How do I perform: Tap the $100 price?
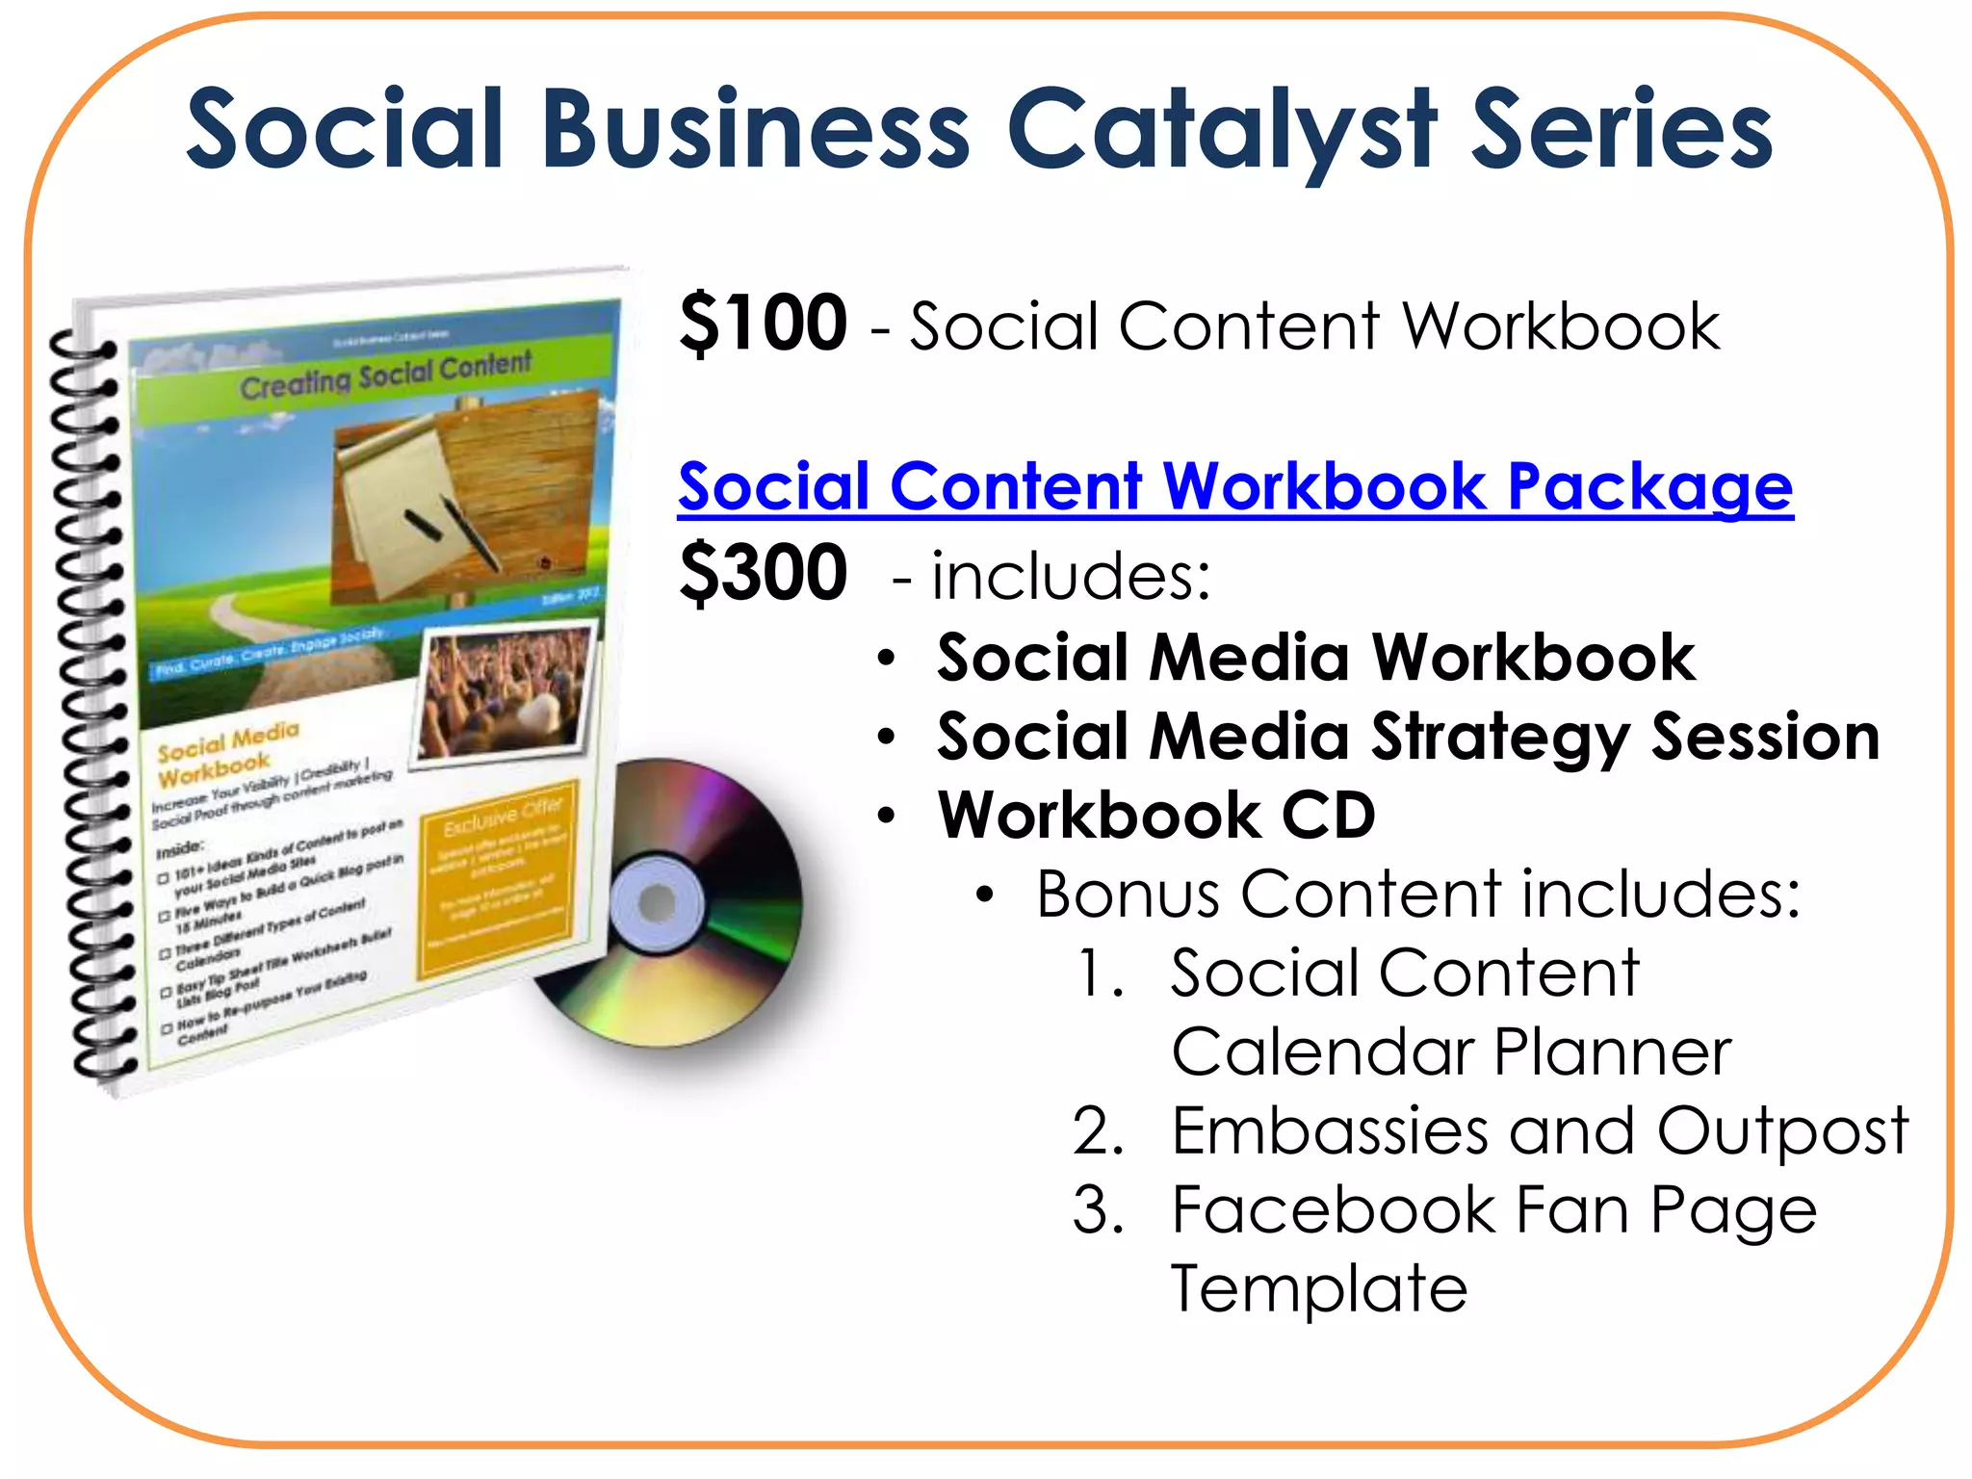point(763,324)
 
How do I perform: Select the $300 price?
point(763,573)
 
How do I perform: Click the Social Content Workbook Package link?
point(1235,486)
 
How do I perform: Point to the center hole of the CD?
point(658,903)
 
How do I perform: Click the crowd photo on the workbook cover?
point(506,691)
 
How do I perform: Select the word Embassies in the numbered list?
point(1330,1130)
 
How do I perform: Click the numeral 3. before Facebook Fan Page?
point(1098,1210)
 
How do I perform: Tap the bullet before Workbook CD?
point(887,817)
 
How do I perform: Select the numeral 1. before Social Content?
point(1101,973)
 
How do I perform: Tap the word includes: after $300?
point(1070,576)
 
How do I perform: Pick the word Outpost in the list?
point(1781,1130)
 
